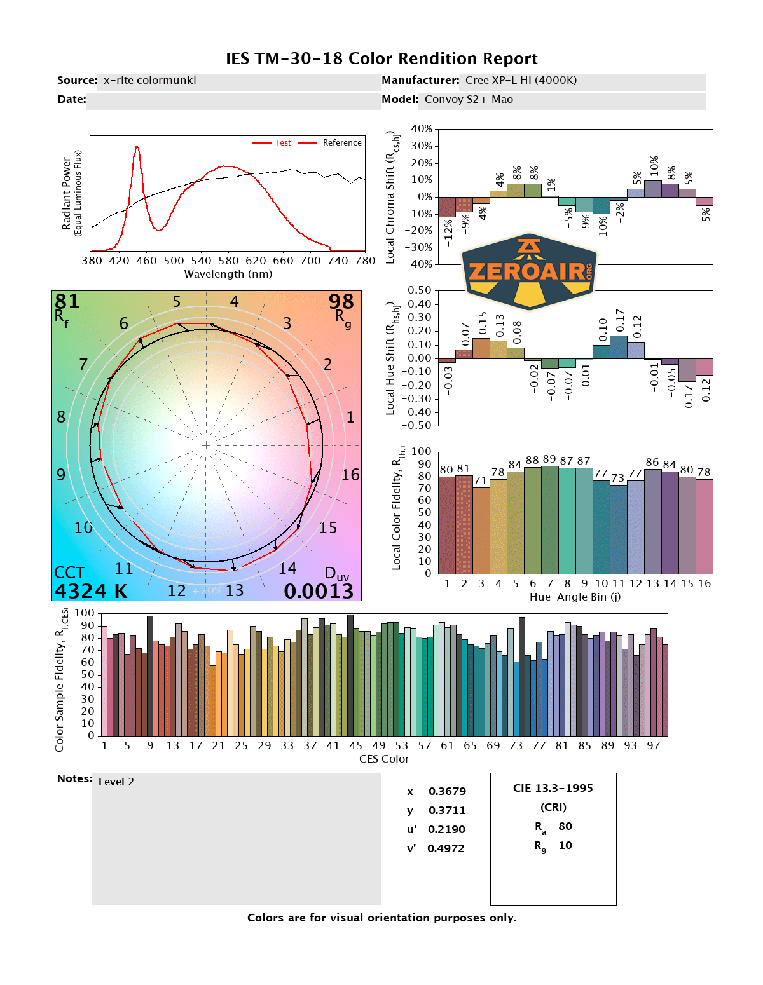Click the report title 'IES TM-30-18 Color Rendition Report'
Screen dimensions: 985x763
[381, 59]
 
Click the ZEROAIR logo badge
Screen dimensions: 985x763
[530, 271]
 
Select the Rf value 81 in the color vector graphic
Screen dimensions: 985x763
[67, 301]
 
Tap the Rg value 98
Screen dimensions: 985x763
[341, 301]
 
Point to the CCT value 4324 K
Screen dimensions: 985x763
[90, 592]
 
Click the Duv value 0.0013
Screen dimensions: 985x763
[319, 592]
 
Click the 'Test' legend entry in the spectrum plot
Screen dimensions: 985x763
[282, 143]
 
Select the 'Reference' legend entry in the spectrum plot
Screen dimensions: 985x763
[341, 143]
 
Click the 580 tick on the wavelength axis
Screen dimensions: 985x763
[228, 261]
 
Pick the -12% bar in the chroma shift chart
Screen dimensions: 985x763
[447, 207]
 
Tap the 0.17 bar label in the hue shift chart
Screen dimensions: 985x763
[619, 320]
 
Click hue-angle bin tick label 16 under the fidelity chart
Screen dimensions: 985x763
[705, 583]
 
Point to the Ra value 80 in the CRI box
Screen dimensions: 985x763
[565, 826]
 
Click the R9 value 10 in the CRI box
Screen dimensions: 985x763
[565, 845]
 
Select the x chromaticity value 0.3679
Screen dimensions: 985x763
[447, 791]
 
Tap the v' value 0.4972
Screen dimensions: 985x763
[446, 848]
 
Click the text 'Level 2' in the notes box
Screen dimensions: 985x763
[116, 782]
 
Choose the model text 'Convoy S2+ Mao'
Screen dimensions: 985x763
[469, 100]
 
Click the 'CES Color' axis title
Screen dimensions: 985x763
[384, 759]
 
